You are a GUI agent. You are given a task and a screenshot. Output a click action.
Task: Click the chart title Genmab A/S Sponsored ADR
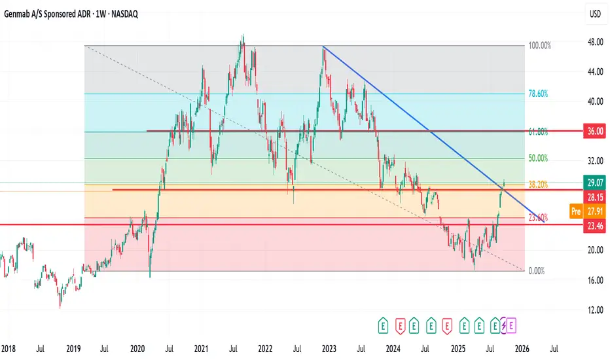point(56,13)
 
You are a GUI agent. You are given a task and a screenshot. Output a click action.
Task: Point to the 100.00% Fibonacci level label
point(540,46)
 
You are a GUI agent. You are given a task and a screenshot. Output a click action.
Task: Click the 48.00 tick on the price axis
point(595,42)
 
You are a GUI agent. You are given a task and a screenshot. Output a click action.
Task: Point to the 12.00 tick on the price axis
point(595,310)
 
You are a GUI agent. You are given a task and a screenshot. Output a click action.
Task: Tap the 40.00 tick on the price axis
point(595,101)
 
